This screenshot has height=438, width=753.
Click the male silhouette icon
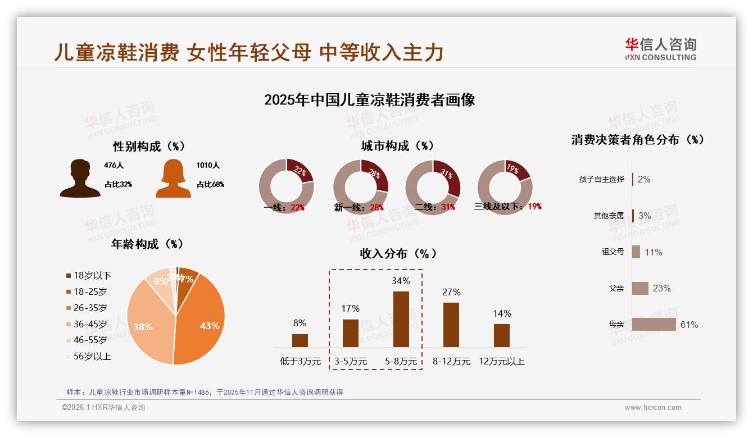coord(80,179)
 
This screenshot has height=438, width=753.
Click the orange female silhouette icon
coord(173,179)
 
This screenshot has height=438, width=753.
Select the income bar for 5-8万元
coord(401,319)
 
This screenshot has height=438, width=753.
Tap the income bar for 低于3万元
coord(300,340)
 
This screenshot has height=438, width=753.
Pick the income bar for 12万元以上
coord(502,335)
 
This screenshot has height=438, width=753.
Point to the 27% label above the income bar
coord(451,292)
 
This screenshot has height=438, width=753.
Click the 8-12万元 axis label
coord(451,362)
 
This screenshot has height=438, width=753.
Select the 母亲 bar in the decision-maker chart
coord(654,325)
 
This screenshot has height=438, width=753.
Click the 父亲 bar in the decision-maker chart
coord(640,288)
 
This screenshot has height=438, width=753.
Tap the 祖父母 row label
coord(613,252)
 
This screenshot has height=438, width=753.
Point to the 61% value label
coord(689,325)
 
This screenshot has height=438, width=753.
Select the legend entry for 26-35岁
coord(90,308)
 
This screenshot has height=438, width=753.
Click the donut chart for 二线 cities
coord(433,187)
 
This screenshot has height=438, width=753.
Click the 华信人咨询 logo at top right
coord(660,49)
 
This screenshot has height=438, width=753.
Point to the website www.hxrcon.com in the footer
coord(653,408)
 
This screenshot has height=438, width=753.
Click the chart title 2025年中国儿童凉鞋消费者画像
coord(370,100)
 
